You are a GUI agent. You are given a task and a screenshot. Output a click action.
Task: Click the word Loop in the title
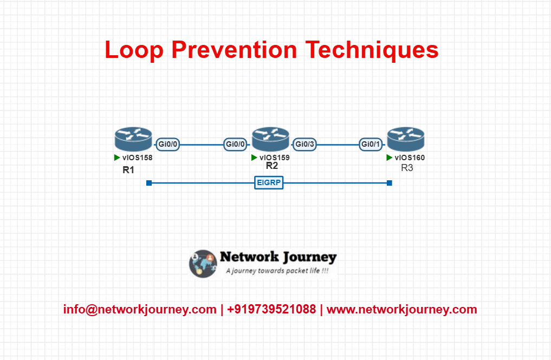coord(134,50)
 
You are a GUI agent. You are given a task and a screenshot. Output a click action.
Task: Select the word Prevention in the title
coord(235,49)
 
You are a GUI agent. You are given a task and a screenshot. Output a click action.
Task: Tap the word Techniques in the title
coord(372,50)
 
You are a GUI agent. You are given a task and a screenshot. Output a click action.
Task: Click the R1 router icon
coord(133,139)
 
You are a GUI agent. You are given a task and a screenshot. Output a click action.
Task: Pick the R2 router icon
coord(270,139)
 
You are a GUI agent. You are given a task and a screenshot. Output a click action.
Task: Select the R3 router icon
coord(406,139)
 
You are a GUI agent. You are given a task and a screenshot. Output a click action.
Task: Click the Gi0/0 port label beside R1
coord(167,144)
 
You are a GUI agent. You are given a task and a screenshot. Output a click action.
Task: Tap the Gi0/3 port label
coord(304,144)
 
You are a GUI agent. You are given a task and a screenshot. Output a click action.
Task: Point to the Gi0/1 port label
coord(371,144)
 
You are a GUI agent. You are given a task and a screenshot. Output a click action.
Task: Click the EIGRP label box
coord(269,182)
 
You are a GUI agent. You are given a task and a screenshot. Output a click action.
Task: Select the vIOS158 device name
coord(138,158)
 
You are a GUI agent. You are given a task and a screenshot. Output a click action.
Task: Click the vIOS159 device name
coord(275,158)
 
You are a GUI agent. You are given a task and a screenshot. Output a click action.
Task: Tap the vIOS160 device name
coord(410,158)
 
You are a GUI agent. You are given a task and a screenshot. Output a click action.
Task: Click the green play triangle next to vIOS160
coord(389,158)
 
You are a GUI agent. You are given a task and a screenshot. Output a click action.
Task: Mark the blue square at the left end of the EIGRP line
coord(149,183)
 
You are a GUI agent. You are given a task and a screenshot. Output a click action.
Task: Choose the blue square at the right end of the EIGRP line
coord(390,183)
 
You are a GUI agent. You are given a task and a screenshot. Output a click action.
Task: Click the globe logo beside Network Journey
coord(203,264)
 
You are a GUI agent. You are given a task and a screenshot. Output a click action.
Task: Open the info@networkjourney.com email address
coord(140,310)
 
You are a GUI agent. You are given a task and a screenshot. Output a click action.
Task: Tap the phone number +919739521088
coord(271,309)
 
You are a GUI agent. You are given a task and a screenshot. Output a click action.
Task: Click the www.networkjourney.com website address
coord(402,310)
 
